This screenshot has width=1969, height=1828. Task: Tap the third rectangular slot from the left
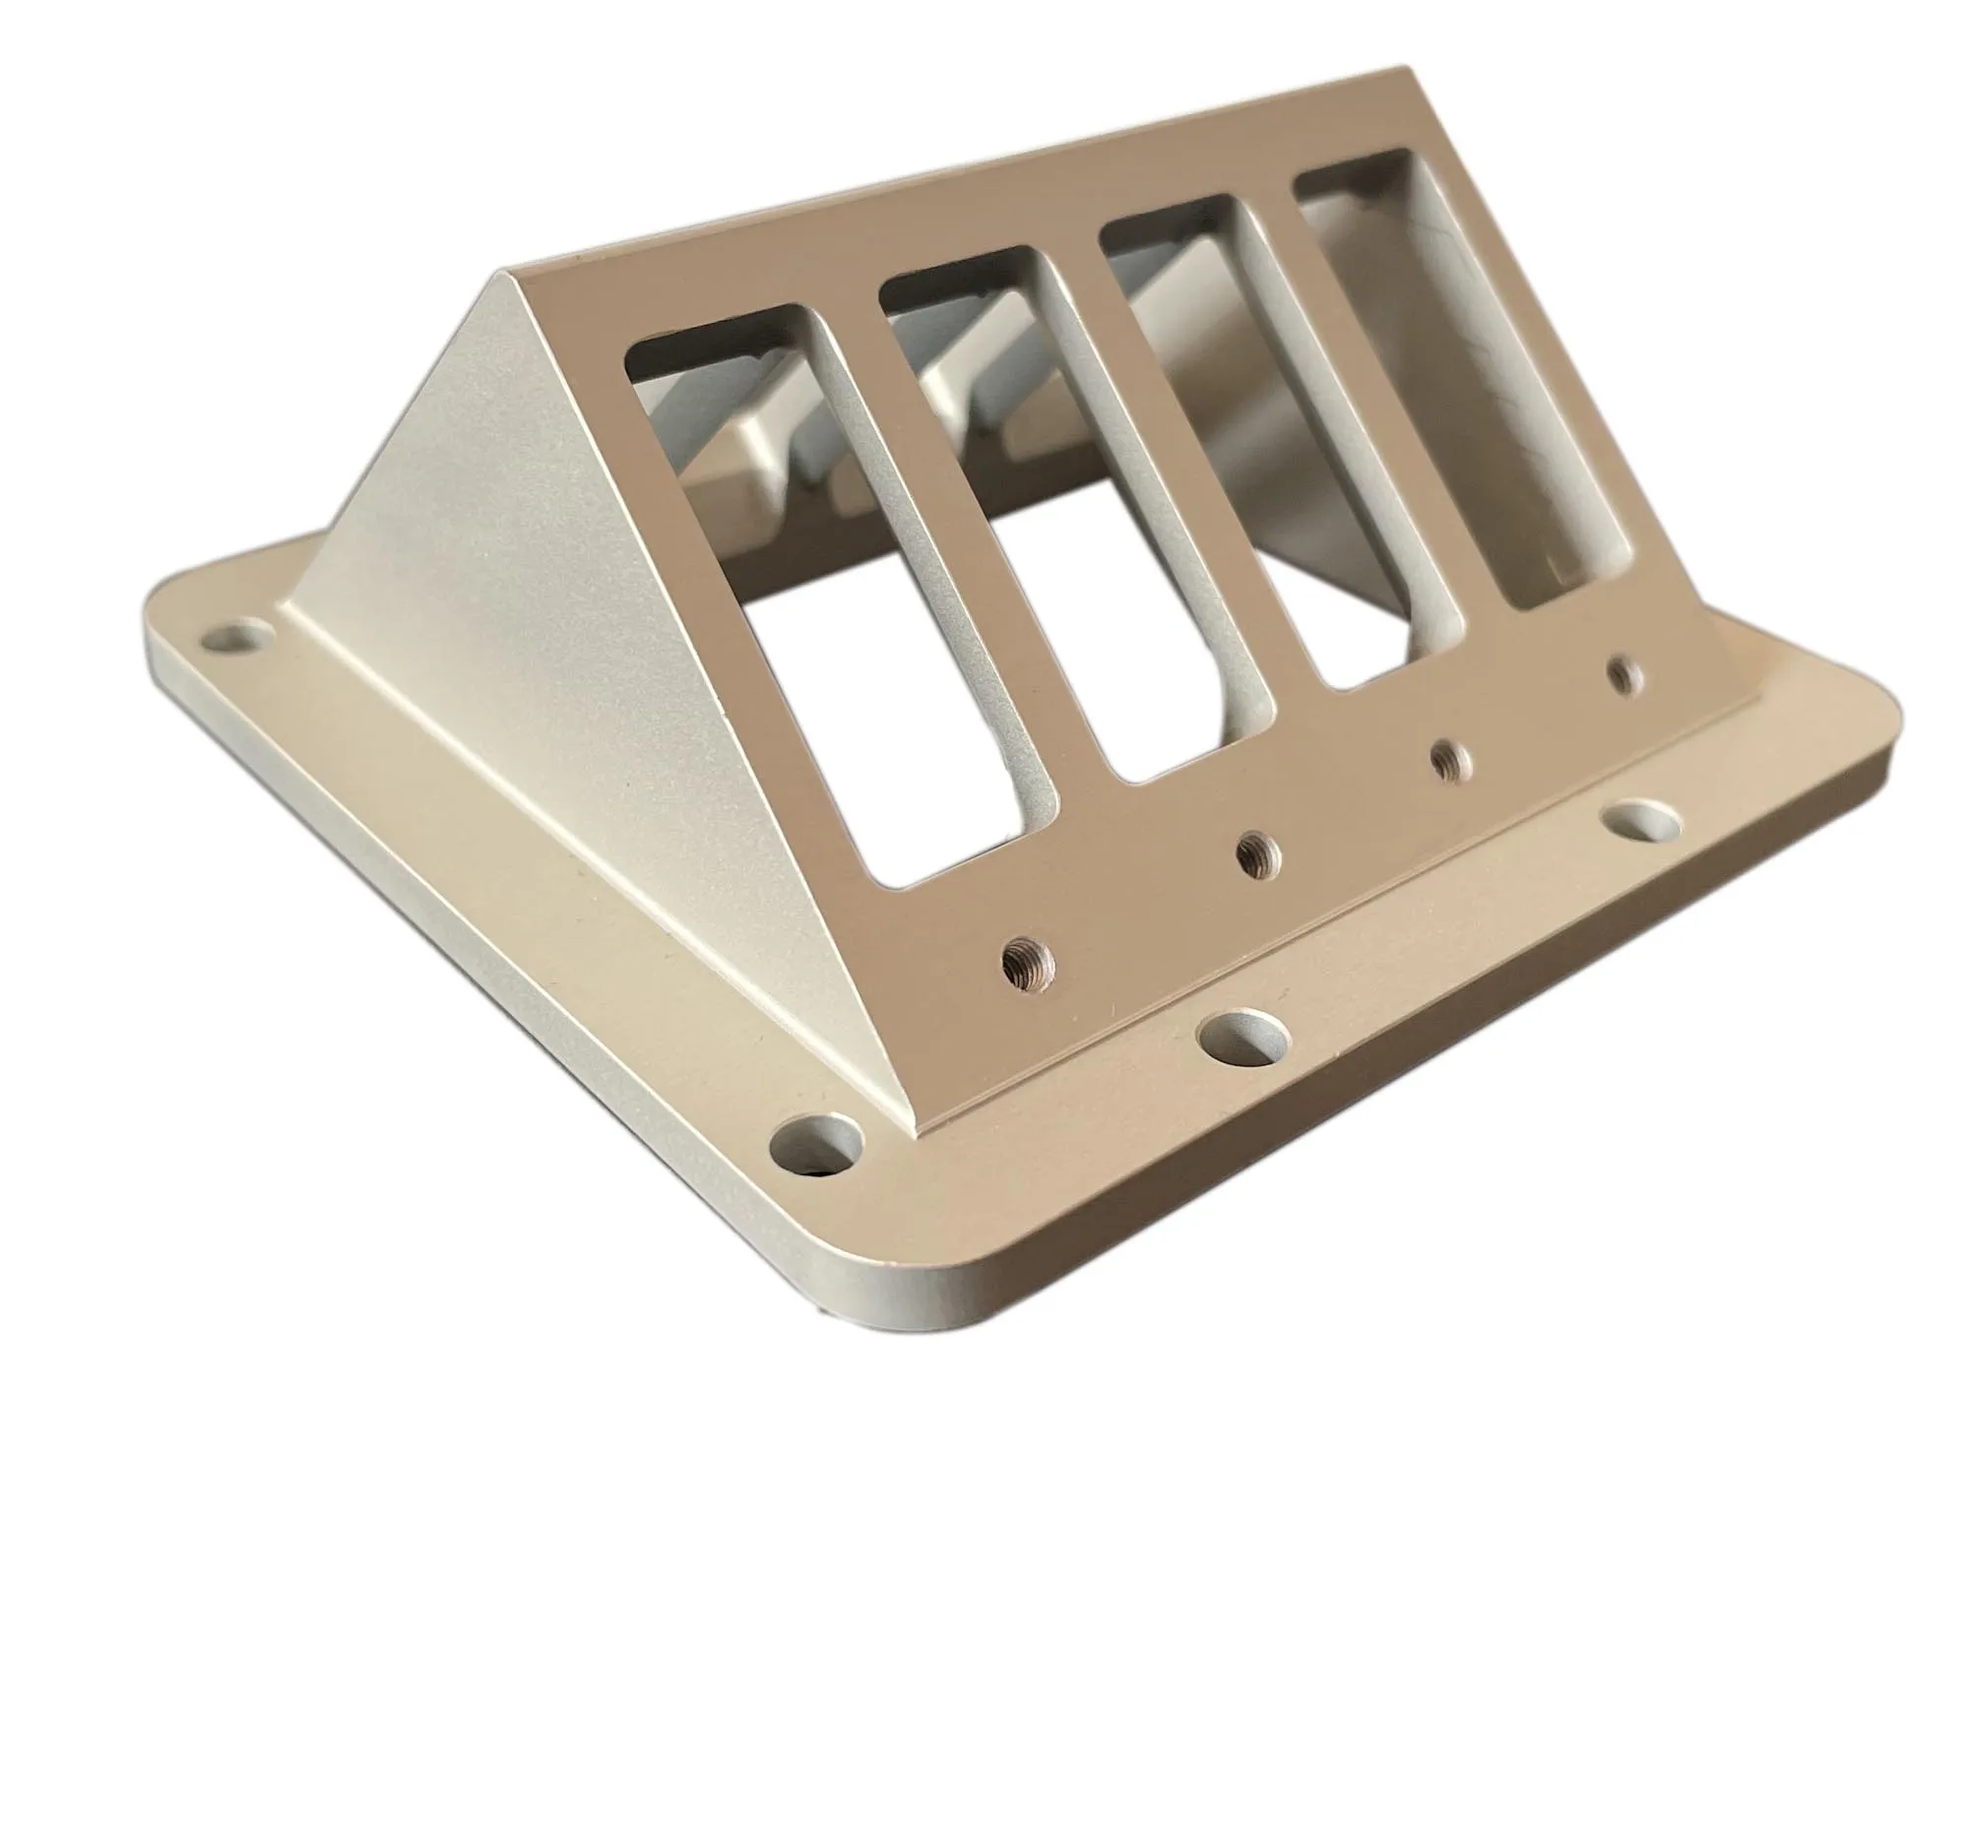1276,445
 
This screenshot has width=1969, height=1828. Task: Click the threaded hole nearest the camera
1027,960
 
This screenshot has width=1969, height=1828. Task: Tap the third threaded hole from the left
1450,759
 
